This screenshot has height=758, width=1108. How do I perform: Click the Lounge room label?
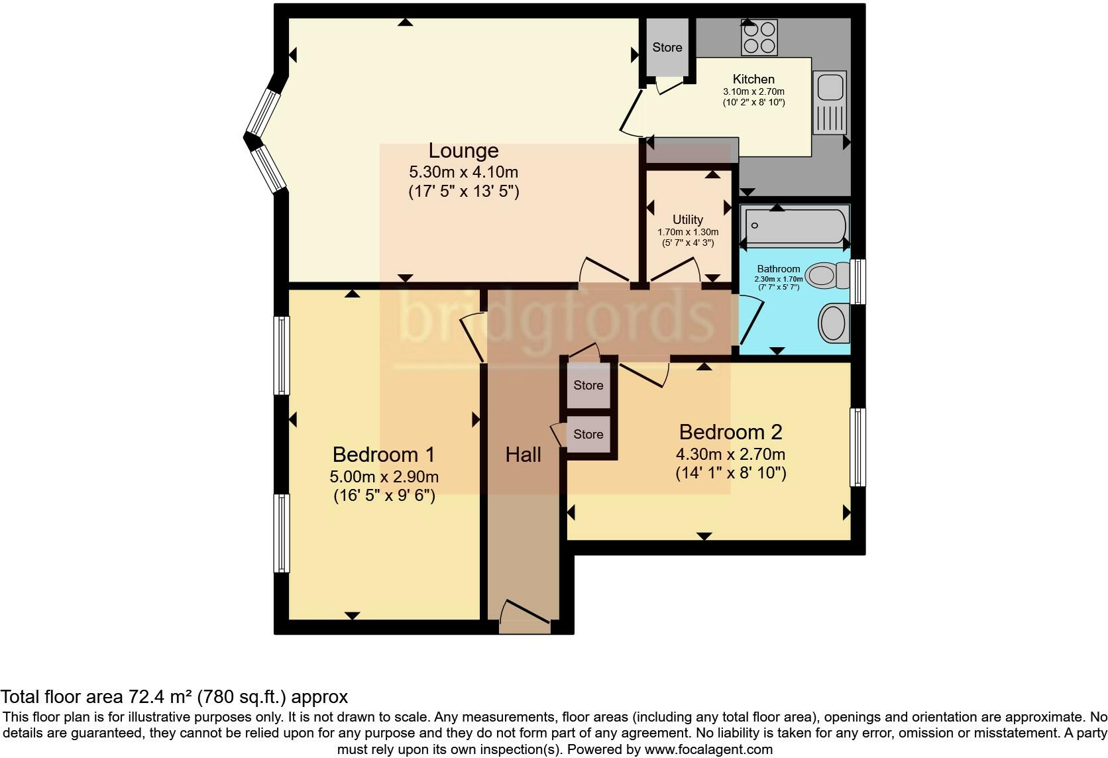tap(463, 150)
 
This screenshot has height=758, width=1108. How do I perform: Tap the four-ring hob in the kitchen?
tap(759, 38)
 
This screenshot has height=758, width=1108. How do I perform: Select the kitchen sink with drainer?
tap(830, 102)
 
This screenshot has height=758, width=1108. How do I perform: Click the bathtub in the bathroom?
tap(795, 227)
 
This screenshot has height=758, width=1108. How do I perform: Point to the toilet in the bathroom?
tap(828, 274)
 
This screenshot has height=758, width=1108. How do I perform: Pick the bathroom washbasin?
tap(834, 323)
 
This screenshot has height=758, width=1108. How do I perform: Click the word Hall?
tap(523, 455)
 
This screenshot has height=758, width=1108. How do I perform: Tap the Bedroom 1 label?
tap(383, 454)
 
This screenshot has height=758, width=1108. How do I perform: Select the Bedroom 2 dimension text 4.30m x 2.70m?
tap(730, 453)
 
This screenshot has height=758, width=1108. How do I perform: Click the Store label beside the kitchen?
tap(667, 48)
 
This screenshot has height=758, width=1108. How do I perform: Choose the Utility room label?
tap(688, 219)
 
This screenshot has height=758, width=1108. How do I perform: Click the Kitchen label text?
tap(753, 79)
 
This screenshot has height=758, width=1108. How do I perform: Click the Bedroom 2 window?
tap(858, 447)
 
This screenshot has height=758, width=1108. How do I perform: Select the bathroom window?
tap(858, 282)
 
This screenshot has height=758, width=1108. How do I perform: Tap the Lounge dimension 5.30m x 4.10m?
tap(463, 172)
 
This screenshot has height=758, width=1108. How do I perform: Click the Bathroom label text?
tap(779, 269)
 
